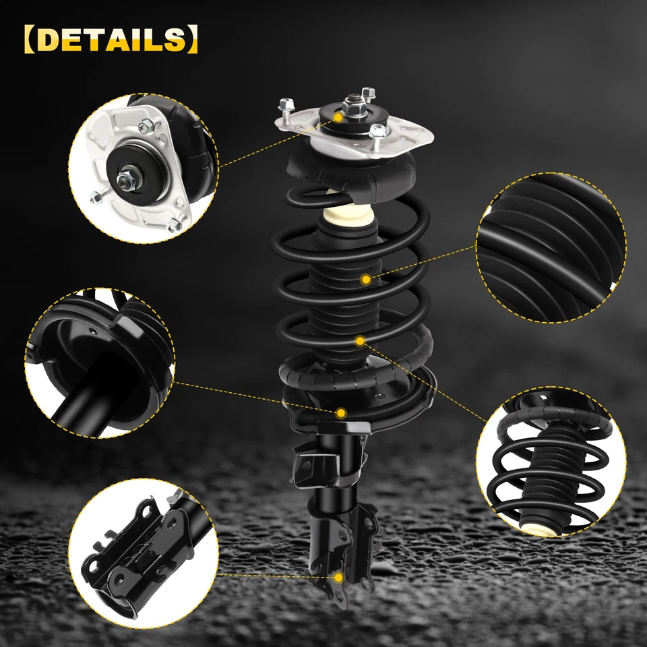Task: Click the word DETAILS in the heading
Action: (107, 40)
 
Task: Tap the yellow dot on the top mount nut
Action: (338, 117)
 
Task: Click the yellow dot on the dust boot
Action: (366, 278)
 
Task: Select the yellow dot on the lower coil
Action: (360, 341)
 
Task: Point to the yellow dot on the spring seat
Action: (341, 412)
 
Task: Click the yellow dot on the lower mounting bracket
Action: (338, 577)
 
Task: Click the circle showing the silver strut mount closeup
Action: (144, 168)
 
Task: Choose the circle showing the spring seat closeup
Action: (100, 364)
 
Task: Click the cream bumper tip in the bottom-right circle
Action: (543, 528)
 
